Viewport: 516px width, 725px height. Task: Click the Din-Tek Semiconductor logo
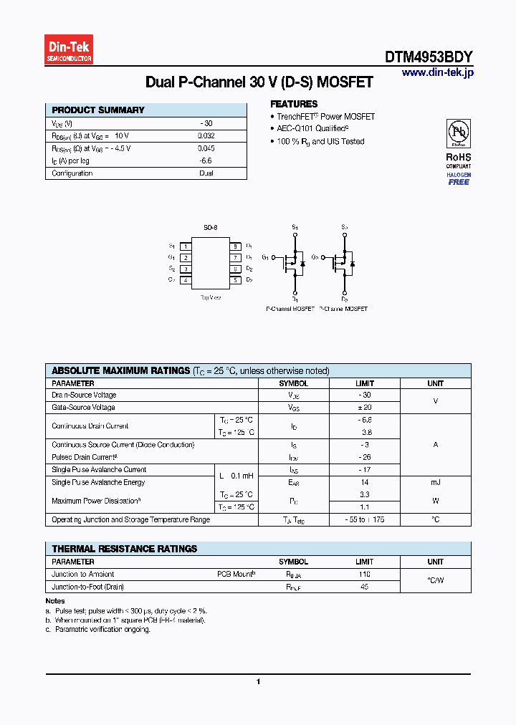coord(69,49)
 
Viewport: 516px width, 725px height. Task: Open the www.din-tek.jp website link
coord(437,72)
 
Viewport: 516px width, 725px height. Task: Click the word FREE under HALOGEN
coord(459,182)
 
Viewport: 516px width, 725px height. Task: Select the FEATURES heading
coord(294,104)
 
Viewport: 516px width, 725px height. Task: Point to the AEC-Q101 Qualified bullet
coord(312,128)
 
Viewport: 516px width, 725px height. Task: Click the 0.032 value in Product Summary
coord(206,135)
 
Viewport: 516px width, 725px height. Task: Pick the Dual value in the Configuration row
coord(206,173)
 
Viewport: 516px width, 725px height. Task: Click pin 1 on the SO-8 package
coord(186,246)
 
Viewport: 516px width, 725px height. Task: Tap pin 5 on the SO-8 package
coord(235,280)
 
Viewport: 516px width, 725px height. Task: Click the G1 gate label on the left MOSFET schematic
coord(265,256)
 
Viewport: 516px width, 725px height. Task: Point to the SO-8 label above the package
coord(210,227)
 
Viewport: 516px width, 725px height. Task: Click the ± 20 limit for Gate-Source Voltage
coord(365,407)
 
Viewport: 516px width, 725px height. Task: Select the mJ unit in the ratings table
coord(435,483)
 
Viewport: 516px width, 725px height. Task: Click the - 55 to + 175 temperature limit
coord(365,519)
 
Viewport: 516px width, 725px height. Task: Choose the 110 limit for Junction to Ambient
coord(365,575)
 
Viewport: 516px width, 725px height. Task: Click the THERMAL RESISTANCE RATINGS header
coord(125,549)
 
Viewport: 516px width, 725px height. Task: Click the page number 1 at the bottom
coord(258,681)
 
